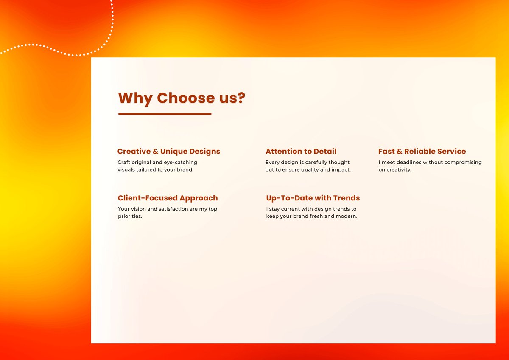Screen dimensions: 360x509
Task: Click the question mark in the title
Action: [x=241, y=98]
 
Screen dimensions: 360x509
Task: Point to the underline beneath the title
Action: [x=165, y=114]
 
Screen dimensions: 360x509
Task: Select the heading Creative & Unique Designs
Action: [x=168, y=152]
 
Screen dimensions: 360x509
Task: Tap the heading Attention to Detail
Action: [x=301, y=152]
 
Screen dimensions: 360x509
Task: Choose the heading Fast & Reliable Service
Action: [x=422, y=152]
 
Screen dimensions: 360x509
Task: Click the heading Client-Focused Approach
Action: [x=168, y=198]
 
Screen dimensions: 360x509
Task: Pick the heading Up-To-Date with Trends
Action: [x=313, y=198]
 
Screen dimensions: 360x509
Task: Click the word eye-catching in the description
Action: [x=180, y=162]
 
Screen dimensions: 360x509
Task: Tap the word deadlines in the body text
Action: [x=409, y=162]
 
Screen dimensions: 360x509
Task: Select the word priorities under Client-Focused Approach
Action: [x=129, y=217]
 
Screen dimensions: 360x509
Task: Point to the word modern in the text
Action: [x=346, y=217]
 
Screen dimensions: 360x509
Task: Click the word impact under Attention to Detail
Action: [x=341, y=170]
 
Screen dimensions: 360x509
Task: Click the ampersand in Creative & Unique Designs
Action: [x=155, y=152]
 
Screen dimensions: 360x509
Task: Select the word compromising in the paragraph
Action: [x=462, y=162]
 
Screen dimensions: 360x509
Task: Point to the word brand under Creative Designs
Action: [x=185, y=170]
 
